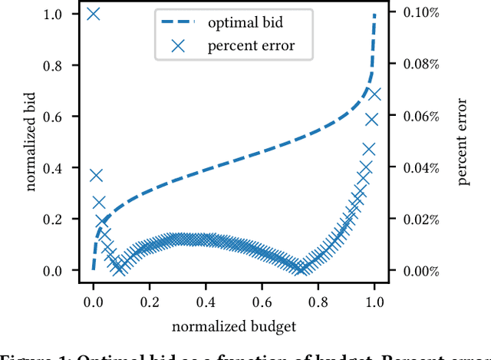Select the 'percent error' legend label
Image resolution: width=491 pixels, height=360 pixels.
point(250,46)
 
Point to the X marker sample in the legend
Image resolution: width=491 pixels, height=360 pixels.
point(177,46)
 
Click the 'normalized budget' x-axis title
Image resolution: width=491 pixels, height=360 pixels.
point(234,326)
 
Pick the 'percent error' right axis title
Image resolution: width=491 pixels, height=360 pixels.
point(464,143)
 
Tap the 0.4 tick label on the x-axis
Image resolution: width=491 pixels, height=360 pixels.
point(206,302)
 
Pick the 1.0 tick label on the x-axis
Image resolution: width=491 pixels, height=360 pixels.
point(374,302)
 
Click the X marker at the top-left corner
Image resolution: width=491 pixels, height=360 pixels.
point(94,14)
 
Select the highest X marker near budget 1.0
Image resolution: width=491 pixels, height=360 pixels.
point(374,94)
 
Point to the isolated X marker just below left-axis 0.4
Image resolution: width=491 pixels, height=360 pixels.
point(96,175)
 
